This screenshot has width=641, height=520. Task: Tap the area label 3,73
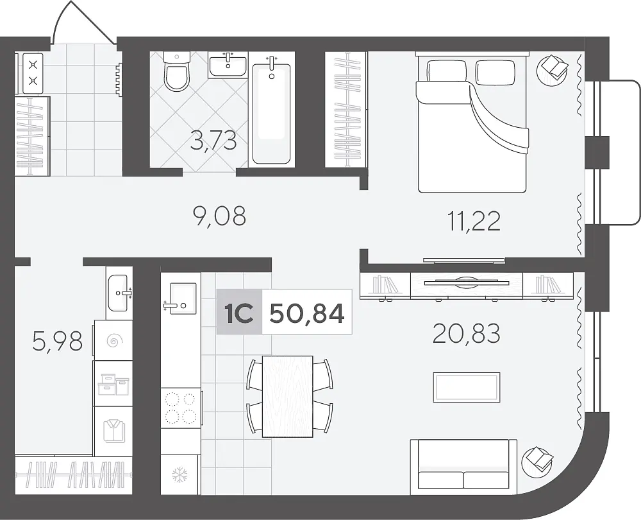pos(213,141)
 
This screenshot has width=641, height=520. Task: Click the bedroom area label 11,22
pos(474,221)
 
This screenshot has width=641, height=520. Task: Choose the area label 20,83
pos(467,333)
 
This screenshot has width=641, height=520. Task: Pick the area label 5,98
pos(58,342)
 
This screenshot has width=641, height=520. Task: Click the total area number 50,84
pos(308,314)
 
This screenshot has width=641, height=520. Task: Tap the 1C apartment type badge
pos(238,313)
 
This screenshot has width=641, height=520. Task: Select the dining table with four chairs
pos(290,396)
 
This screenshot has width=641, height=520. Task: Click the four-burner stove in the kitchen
pos(181,408)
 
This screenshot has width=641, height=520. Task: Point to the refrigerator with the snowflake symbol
pos(179,474)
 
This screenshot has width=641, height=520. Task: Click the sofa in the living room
pos(463,464)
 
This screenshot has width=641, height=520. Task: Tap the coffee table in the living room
pos(467,387)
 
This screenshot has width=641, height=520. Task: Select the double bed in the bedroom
pos(472,123)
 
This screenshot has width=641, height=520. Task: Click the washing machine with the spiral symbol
pos(113,340)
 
